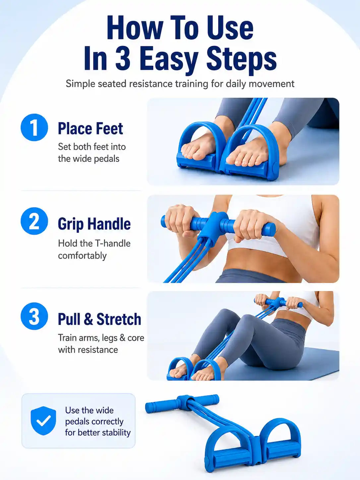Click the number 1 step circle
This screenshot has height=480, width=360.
[x=34, y=127]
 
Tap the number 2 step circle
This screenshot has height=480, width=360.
[x=34, y=221]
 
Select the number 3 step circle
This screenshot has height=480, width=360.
[x=34, y=316]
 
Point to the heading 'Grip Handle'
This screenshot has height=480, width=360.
[x=94, y=224]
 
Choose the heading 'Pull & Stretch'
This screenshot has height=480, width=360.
[x=99, y=319]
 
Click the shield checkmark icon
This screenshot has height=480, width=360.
[x=43, y=421]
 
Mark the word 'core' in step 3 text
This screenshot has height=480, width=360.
[x=136, y=338]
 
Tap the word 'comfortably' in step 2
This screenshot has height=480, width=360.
[x=82, y=256]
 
